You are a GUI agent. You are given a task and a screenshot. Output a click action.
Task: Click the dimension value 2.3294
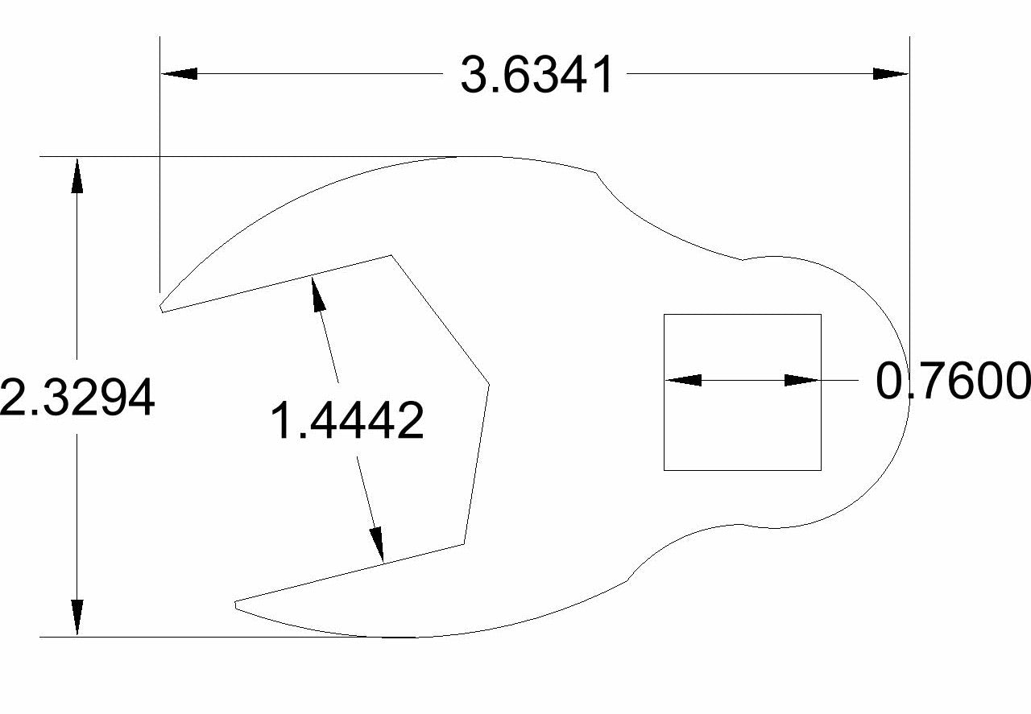[x=77, y=398]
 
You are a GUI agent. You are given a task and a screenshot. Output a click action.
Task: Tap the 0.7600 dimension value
[x=952, y=381]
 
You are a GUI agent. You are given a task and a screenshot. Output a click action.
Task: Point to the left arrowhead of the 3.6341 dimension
[x=179, y=73]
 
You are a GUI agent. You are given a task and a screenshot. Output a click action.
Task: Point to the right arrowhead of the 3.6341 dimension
[x=891, y=73]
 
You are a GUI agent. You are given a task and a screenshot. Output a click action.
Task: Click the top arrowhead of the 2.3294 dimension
[x=77, y=175]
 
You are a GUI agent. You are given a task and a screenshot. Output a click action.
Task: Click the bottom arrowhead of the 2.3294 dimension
[x=77, y=618]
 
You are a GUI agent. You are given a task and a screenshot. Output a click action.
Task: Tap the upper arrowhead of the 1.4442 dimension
[x=318, y=293]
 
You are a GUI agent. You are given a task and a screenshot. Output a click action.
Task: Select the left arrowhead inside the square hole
[x=683, y=380]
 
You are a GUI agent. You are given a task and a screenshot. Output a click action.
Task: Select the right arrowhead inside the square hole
[x=802, y=380]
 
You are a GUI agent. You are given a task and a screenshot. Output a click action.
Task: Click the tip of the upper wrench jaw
[x=162, y=308]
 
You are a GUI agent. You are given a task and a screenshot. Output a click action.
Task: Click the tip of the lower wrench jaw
[x=236, y=604]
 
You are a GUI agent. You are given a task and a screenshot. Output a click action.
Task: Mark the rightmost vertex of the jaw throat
[x=489, y=382]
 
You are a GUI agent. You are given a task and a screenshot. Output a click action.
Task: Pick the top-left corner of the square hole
[x=664, y=315]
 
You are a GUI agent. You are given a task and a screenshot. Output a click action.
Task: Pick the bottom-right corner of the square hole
[x=821, y=470]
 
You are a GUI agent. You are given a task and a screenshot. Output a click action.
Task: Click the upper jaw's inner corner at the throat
[x=391, y=256]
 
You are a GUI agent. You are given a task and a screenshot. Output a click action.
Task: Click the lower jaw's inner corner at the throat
[x=464, y=544]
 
